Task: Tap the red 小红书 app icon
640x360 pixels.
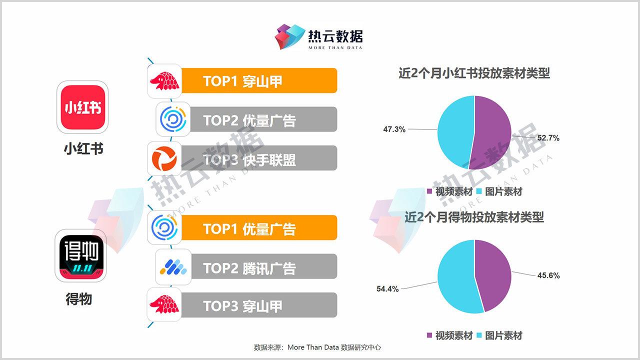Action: coord(83,107)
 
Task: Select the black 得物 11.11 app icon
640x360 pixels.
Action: coord(80,255)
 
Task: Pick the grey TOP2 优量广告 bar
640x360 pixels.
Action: coord(263,119)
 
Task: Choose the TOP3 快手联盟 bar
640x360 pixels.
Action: coord(259,158)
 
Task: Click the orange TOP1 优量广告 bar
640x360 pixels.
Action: coord(259,227)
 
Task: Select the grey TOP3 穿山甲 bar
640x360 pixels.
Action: coord(259,305)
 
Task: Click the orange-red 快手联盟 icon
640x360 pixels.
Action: coord(164,158)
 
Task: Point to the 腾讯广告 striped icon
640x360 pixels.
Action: coord(173,267)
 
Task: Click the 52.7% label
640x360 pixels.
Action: coord(548,138)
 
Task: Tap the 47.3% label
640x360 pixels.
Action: coord(394,129)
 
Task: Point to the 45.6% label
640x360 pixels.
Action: coord(548,275)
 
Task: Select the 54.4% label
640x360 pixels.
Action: coord(387,289)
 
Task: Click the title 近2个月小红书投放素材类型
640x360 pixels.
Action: coord(474,73)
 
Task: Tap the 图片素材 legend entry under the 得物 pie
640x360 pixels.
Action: coord(499,335)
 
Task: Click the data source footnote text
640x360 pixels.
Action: coord(317,347)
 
